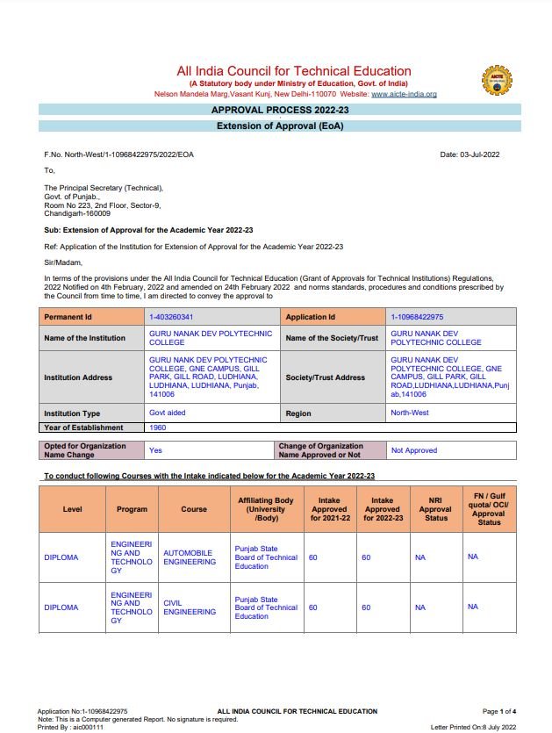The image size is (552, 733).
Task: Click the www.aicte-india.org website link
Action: pyautogui.click(x=404, y=94)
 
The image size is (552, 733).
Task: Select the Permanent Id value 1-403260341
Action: pyautogui.click(x=171, y=317)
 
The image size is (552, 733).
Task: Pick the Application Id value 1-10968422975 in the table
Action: pyautogui.click(x=417, y=317)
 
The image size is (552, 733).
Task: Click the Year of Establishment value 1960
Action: pyautogui.click(x=158, y=428)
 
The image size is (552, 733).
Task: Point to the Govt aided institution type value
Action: pyautogui.click(x=168, y=413)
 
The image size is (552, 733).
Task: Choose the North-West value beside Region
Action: pyautogui.click(x=411, y=413)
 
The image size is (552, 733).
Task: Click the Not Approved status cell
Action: pyautogui.click(x=414, y=450)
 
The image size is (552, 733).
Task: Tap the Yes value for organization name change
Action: pyautogui.click(x=156, y=449)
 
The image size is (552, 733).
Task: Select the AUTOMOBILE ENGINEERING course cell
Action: pyautogui.click(x=190, y=557)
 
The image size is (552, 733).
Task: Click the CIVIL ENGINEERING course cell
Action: pyautogui.click(x=190, y=607)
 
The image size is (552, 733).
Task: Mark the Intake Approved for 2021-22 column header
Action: pyautogui.click(x=329, y=509)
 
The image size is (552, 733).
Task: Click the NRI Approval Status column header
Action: pyautogui.click(x=435, y=509)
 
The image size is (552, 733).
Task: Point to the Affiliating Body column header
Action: pyautogui.click(x=266, y=509)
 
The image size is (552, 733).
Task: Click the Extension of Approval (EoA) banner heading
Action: pyautogui.click(x=280, y=126)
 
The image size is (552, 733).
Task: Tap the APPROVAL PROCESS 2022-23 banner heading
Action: pyautogui.click(x=280, y=110)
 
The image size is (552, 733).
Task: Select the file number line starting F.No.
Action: pyautogui.click(x=119, y=155)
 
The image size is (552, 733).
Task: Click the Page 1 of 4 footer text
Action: pyautogui.click(x=499, y=711)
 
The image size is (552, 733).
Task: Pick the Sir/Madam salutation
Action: pyautogui.click(x=62, y=262)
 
